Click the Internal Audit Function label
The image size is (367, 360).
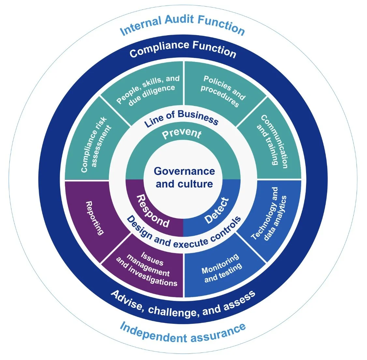coord(183,25)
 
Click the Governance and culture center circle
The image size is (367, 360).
coord(184,178)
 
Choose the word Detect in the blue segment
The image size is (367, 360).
coord(217,211)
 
